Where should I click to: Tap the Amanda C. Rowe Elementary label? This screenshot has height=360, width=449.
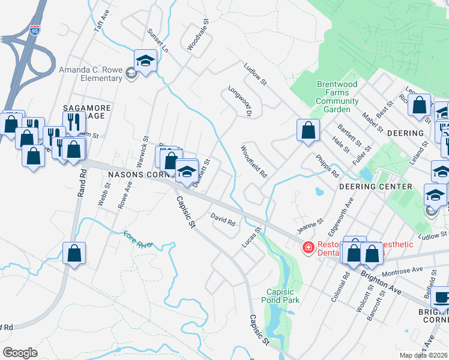[x=90, y=74]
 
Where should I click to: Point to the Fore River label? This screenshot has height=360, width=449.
[x=139, y=239]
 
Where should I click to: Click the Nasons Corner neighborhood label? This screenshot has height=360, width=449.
[x=139, y=175]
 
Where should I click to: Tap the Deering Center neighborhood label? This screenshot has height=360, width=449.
[x=375, y=187]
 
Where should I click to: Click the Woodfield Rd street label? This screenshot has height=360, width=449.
[x=254, y=161]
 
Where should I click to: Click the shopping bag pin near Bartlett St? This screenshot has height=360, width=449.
[x=308, y=130]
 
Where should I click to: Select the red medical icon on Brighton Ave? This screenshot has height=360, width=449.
[x=308, y=247]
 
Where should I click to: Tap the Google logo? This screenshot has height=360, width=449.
[x=20, y=353]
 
